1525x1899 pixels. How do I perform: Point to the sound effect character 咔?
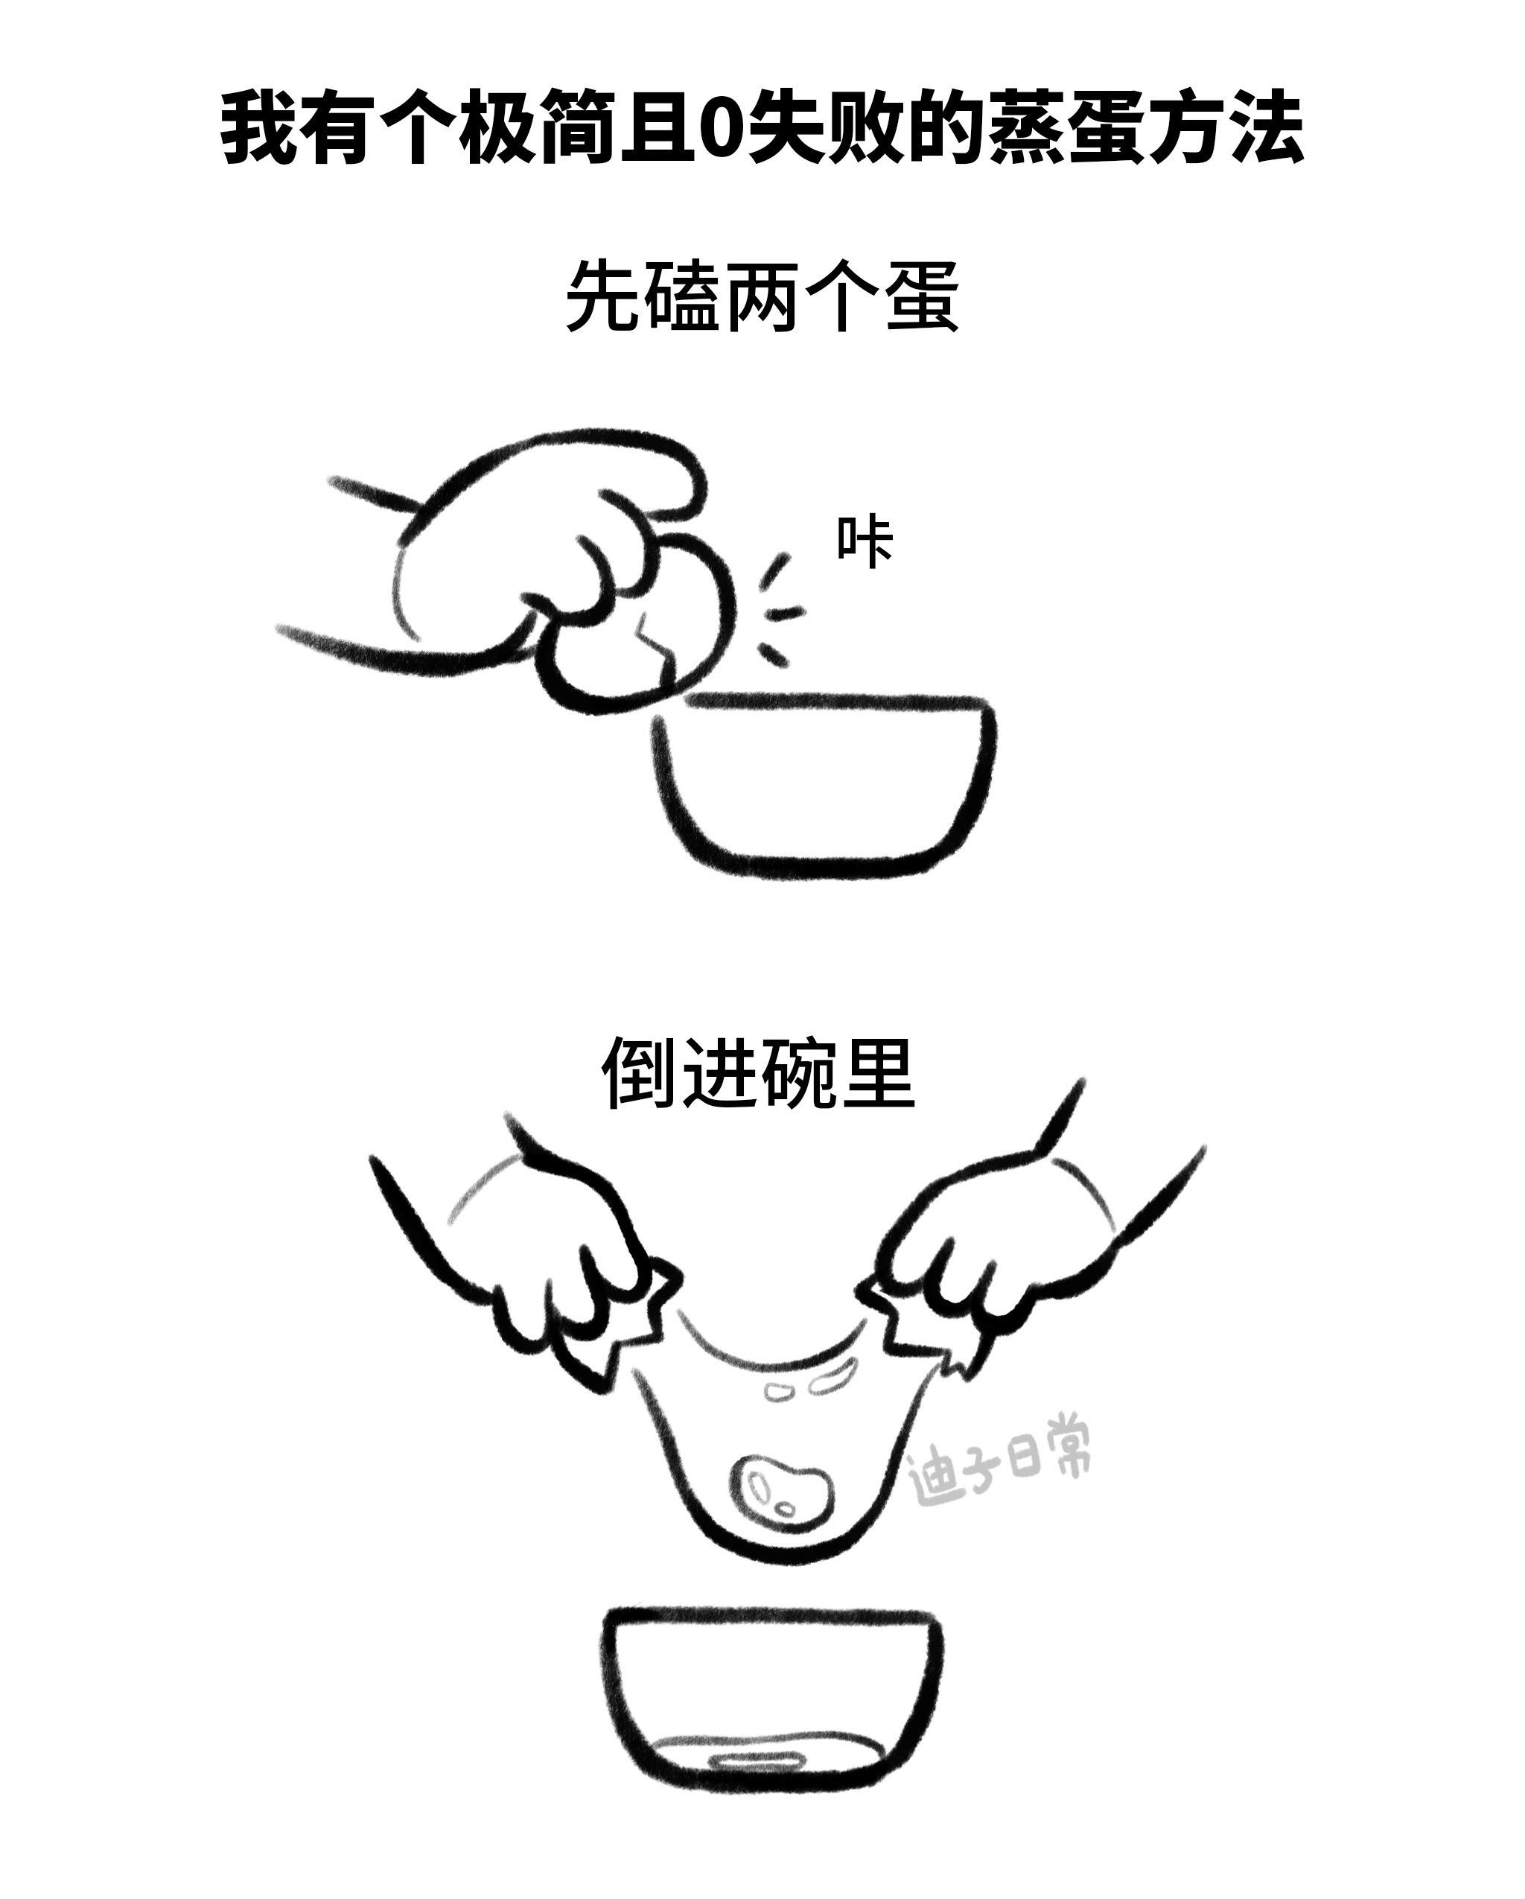(864, 543)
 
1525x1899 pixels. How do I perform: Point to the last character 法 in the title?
(1266, 129)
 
